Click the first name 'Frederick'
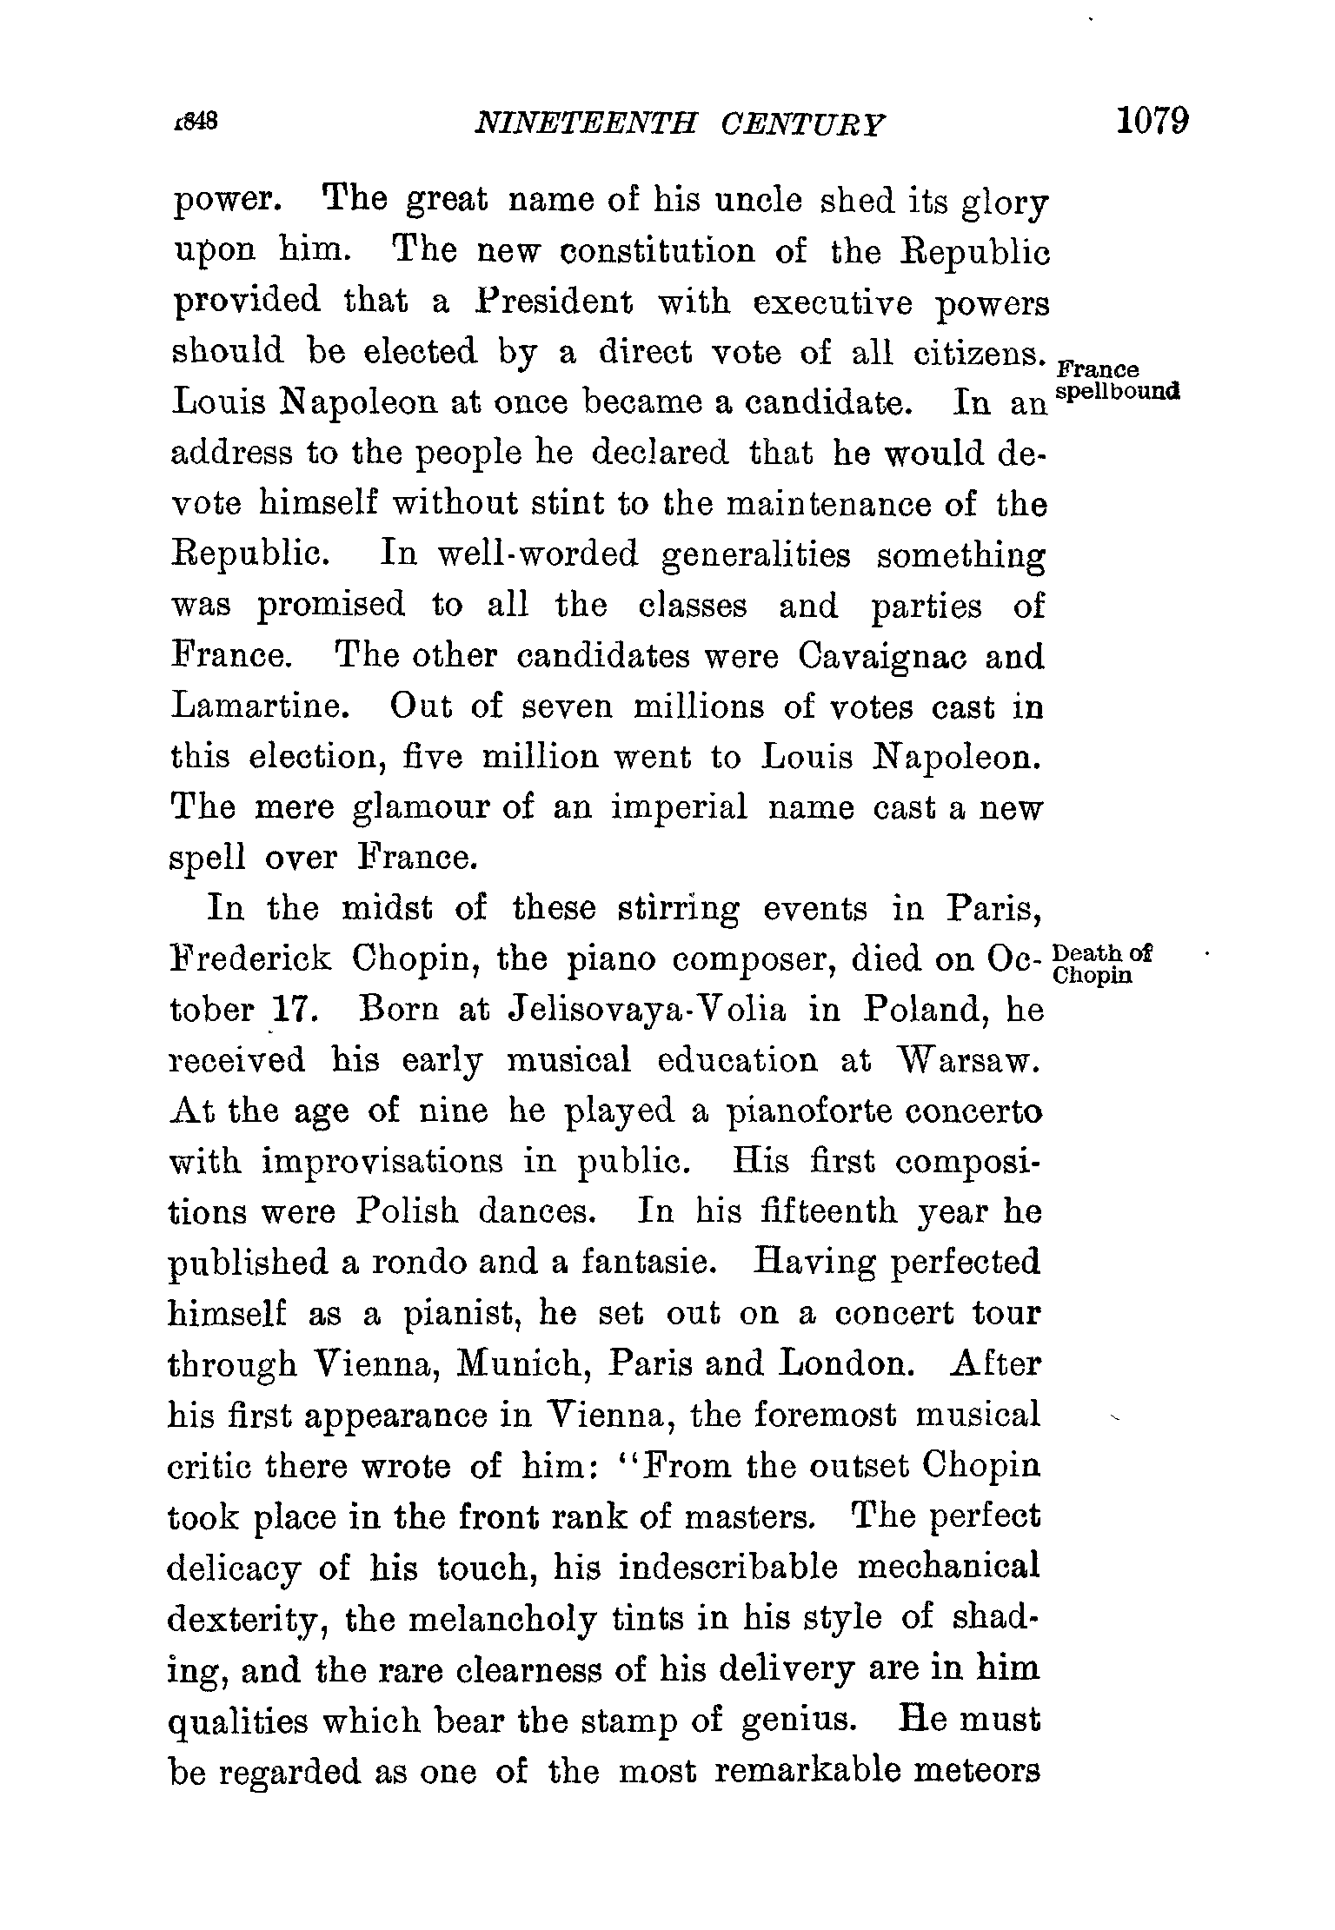(x=250, y=959)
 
